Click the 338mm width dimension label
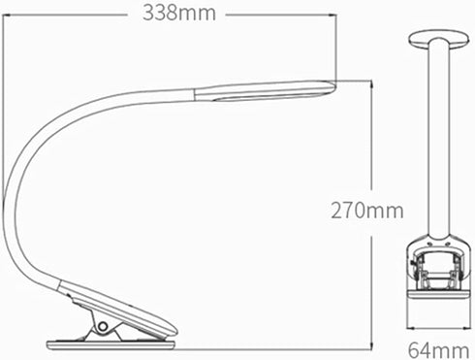179,14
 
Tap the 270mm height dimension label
367,211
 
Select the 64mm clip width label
438,350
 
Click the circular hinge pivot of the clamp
103,326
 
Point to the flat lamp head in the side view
265,90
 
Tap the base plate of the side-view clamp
111,345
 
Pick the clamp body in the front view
438,264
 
